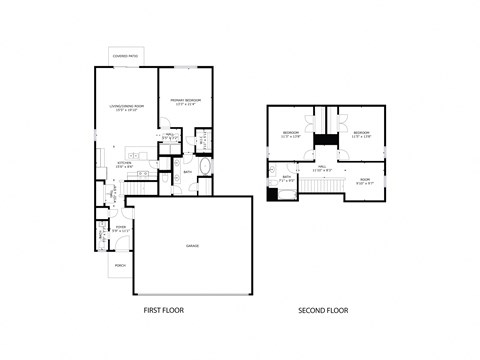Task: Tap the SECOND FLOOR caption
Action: [322, 311]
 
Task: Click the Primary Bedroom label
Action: [186, 101]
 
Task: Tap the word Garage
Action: [192, 245]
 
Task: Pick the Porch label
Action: [120, 266]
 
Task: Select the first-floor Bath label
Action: [187, 172]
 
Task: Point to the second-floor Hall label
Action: [323, 167]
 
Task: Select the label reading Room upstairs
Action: [364, 181]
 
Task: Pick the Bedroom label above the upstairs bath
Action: [291, 133]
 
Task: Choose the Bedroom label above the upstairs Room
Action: [360, 133]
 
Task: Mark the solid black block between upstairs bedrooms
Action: [324, 140]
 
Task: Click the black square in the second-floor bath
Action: [272, 194]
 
